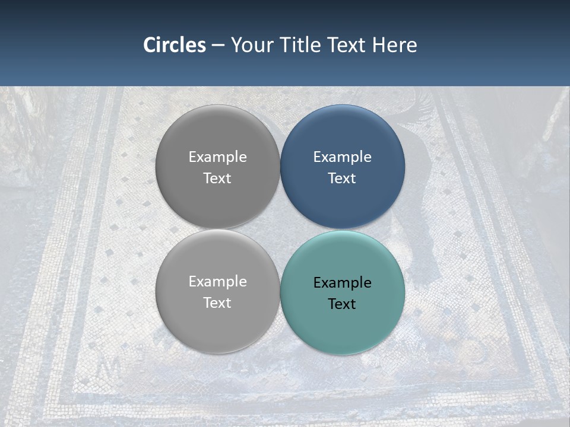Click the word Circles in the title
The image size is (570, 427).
[x=174, y=45]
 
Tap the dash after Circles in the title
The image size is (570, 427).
[x=218, y=46]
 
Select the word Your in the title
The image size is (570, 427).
[x=249, y=45]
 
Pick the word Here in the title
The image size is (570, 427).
[x=394, y=45]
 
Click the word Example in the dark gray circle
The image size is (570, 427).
[x=217, y=157]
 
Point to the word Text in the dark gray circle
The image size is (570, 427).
[x=217, y=179]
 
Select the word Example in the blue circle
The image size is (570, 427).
[x=342, y=157]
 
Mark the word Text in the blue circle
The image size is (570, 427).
[x=342, y=179]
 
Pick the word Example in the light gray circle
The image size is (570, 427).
[x=217, y=282]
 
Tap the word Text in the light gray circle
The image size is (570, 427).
[x=217, y=303]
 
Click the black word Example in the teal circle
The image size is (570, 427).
[x=342, y=283]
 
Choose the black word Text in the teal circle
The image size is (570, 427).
[x=342, y=304]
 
